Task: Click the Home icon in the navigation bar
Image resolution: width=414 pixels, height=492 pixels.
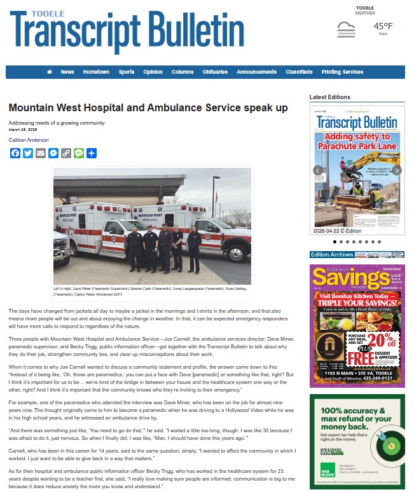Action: [50, 72]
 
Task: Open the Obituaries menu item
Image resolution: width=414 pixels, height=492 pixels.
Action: [215, 72]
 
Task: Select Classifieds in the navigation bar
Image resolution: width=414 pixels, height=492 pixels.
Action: [299, 72]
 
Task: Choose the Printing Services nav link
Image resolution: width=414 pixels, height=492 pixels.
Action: [342, 72]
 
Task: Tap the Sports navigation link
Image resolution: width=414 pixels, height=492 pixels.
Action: [127, 72]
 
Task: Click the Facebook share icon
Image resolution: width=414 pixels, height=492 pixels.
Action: [15, 153]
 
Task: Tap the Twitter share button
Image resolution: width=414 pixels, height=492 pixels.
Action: [28, 153]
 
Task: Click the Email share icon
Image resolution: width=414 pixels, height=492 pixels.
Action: [41, 153]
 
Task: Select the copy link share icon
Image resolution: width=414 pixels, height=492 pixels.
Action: [66, 153]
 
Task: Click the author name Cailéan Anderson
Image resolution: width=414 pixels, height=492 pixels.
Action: [29, 140]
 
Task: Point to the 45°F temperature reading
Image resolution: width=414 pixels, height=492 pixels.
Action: [383, 26]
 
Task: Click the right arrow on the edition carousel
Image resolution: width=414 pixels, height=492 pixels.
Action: [396, 170]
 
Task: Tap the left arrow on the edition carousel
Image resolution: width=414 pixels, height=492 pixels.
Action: [316, 170]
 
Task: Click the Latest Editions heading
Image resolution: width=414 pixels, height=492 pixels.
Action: [329, 97]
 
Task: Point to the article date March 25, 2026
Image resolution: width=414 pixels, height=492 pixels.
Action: [22, 129]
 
